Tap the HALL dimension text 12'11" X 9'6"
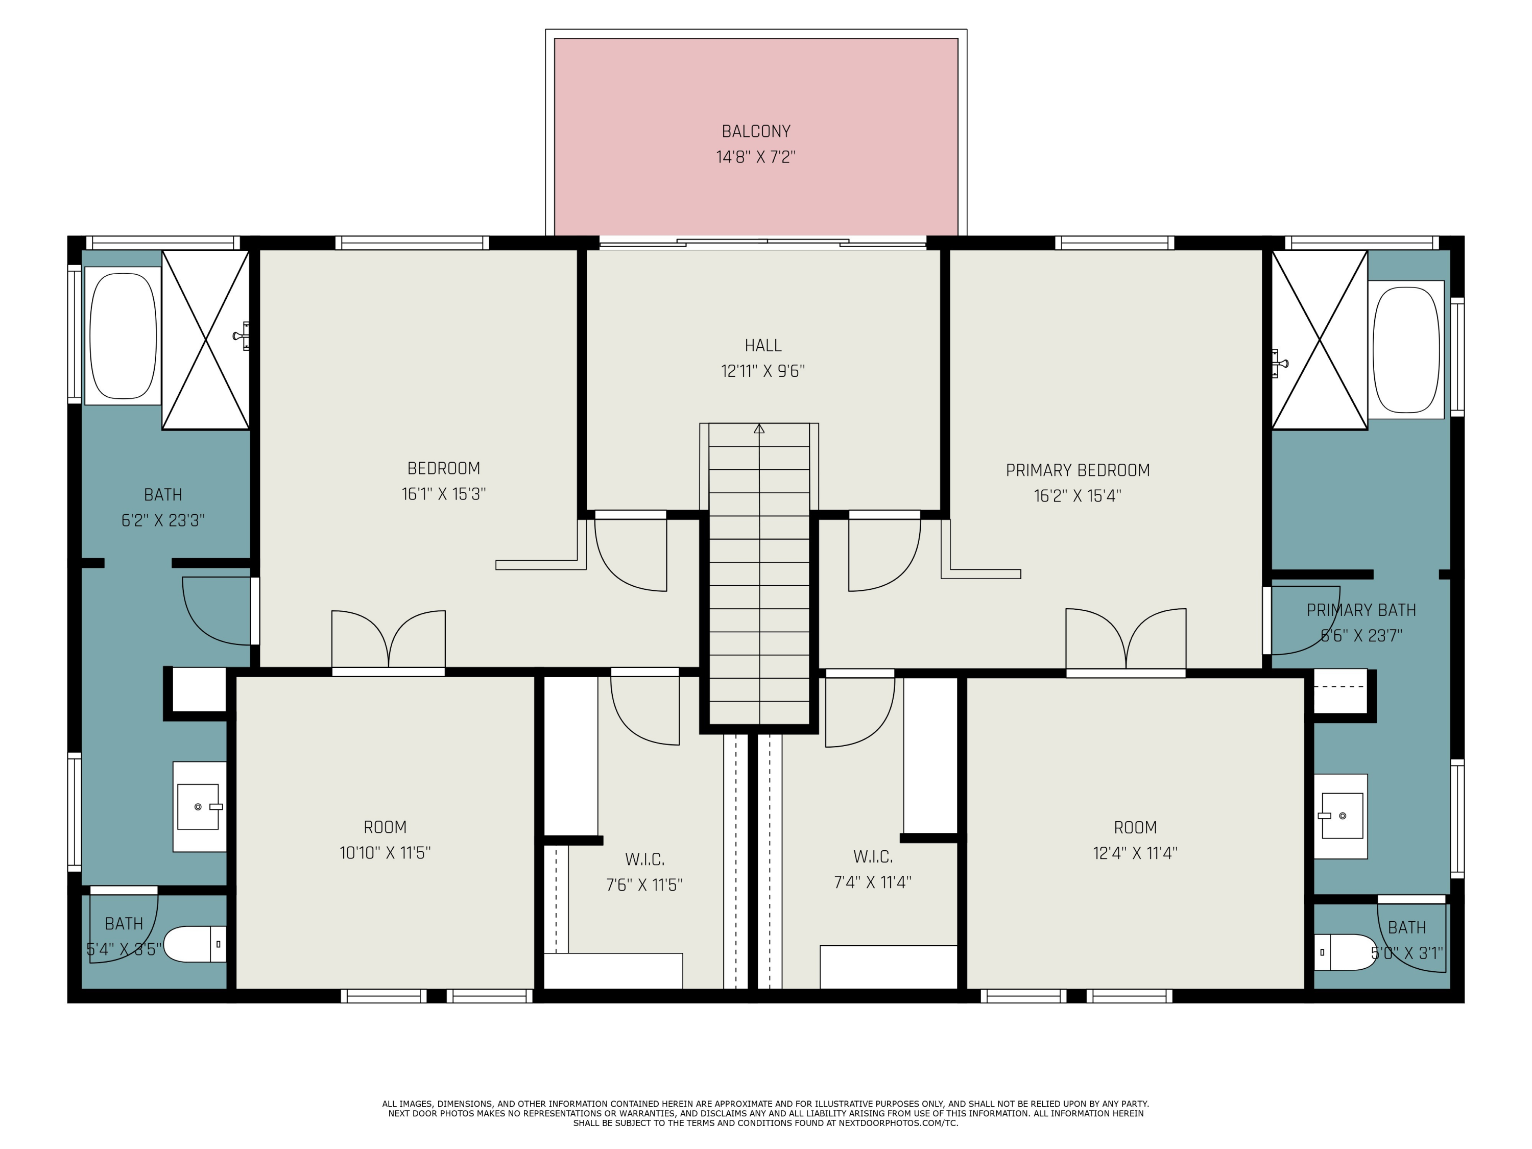(x=762, y=371)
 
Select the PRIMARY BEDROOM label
(x=1077, y=470)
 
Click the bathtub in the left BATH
(x=123, y=336)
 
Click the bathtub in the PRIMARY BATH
(x=1405, y=349)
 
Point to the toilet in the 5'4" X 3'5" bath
(x=194, y=944)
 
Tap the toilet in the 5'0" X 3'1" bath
(x=1344, y=952)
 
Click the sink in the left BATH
(x=198, y=807)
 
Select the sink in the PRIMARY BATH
(x=1342, y=816)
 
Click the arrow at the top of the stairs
(x=759, y=429)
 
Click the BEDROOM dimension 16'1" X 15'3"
(x=443, y=494)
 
